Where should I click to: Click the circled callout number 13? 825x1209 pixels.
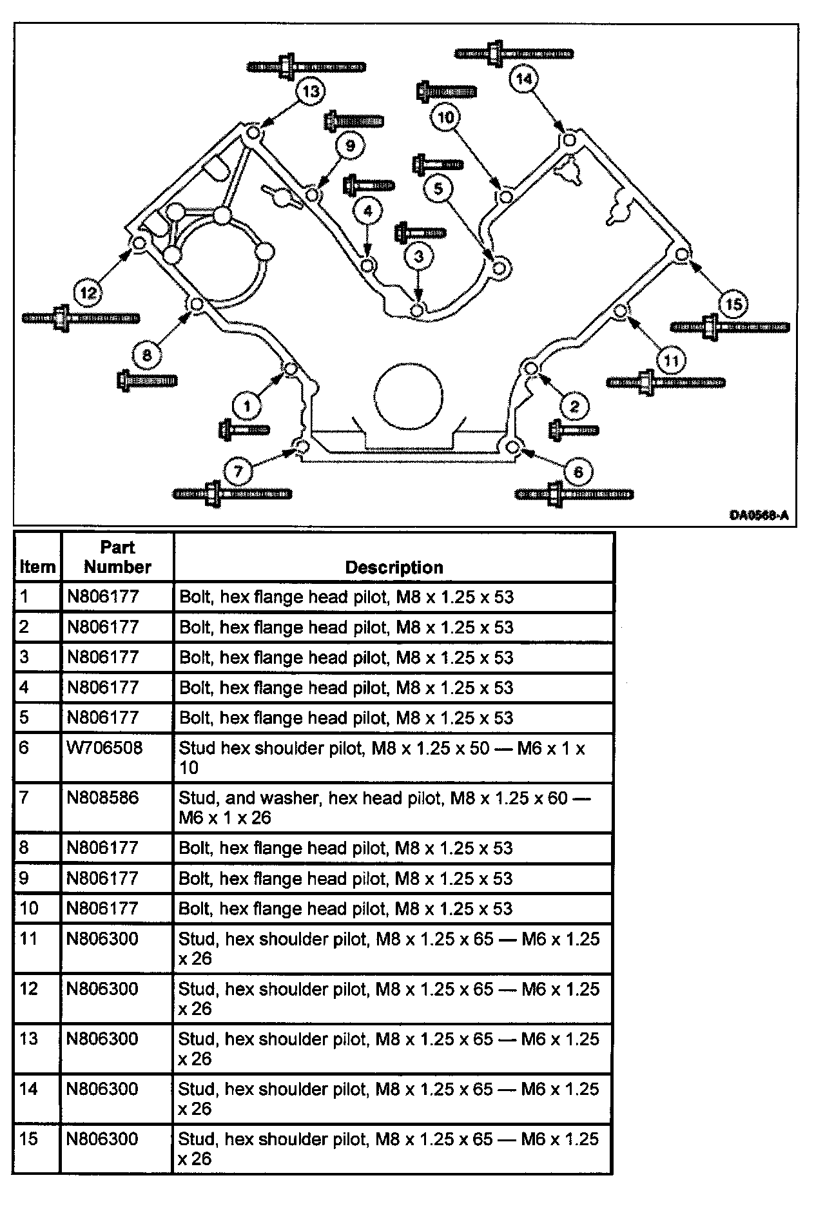(311, 91)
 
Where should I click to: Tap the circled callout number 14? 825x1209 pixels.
(523, 79)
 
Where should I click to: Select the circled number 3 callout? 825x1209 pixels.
(419, 256)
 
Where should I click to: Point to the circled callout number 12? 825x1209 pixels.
(88, 293)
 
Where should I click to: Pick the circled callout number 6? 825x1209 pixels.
(577, 472)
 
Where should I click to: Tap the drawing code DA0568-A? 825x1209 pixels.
(759, 515)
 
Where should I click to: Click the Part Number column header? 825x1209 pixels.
(117, 557)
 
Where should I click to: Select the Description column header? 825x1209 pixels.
(394, 567)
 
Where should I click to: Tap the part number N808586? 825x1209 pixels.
(102, 798)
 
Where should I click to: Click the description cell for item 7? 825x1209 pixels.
(393, 808)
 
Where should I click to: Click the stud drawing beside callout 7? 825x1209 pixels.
(232, 494)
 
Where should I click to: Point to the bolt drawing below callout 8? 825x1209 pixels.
(147, 380)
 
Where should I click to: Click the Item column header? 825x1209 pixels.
(37, 567)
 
